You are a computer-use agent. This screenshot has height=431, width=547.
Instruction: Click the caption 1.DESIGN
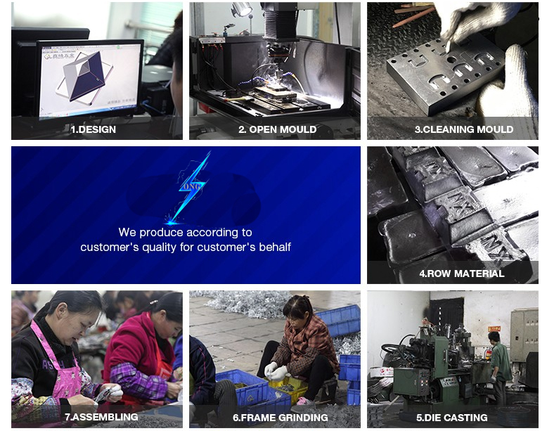[x=93, y=129]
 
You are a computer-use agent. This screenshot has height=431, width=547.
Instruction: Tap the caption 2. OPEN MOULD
[x=277, y=129]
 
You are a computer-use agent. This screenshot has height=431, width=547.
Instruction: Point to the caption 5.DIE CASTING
[x=451, y=418]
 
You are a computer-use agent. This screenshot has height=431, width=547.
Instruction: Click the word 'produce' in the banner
[x=161, y=232]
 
